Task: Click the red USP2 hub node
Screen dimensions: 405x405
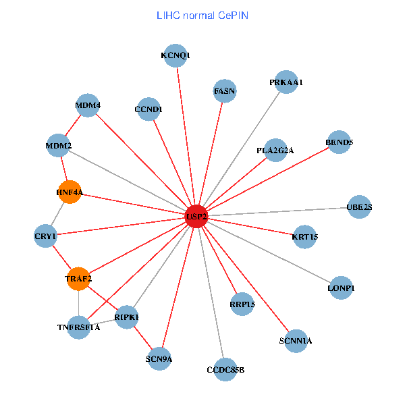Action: coord(196,216)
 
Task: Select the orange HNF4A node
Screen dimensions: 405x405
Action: coord(70,192)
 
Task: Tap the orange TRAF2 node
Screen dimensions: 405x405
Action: coord(79,279)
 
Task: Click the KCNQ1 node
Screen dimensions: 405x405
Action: coord(175,55)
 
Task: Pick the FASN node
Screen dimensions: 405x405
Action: coord(224,90)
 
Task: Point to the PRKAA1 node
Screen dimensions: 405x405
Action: coord(286,82)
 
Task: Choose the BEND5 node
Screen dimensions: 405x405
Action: coord(339,142)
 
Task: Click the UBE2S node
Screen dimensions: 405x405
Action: coord(359,207)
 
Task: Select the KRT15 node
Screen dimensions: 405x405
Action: coord(305,236)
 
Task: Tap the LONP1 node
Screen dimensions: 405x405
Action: coord(341,288)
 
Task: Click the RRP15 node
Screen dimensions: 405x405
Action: coord(242,304)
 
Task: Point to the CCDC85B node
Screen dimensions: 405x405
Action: coord(225,369)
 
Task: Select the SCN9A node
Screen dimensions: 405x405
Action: coord(159,358)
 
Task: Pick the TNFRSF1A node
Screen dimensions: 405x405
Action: coord(79,328)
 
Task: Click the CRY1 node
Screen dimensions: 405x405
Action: coord(46,236)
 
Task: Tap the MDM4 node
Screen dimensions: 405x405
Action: coord(88,105)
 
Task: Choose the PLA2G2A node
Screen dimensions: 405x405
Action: coord(275,150)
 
